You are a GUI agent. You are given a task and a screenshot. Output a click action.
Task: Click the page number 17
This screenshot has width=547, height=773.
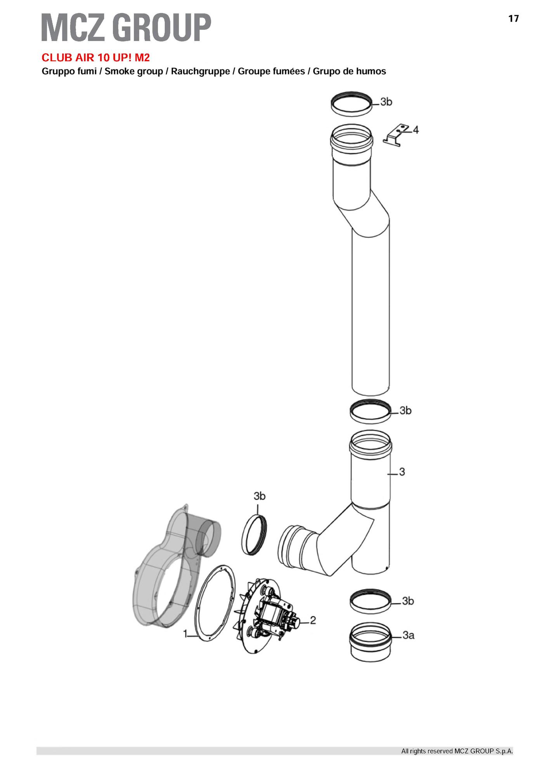[513, 19]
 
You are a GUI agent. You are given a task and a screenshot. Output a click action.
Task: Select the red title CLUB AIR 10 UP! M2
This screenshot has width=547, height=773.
[95, 58]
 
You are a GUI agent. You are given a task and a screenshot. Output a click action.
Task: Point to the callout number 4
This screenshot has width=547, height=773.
[415, 129]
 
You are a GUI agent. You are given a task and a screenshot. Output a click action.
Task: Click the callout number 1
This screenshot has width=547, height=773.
[185, 633]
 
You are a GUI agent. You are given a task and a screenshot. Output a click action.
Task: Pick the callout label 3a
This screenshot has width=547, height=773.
[409, 635]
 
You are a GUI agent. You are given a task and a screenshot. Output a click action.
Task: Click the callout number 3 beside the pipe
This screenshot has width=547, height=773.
[402, 472]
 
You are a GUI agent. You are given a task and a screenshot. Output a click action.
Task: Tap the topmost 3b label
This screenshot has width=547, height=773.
[386, 102]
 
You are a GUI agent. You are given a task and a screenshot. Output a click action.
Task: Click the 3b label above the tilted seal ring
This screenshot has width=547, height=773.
[260, 496]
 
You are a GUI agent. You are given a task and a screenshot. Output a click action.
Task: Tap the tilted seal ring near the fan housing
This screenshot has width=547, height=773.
[254, 534]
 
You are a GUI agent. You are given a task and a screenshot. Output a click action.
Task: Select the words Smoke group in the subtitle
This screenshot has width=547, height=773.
[134, 71]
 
